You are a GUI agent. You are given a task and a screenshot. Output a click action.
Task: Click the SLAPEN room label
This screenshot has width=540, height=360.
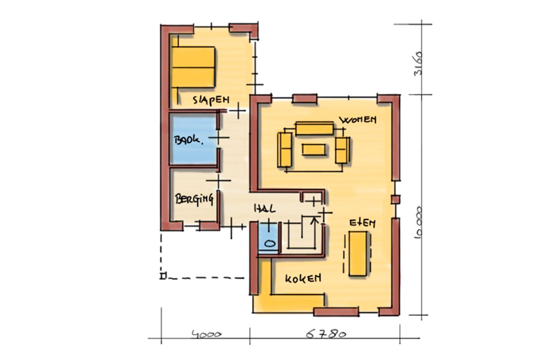click(211, 100)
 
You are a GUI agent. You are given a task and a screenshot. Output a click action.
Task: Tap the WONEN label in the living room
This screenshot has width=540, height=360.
click(358, 120)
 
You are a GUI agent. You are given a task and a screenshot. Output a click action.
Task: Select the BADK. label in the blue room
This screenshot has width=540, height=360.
click(189, 140)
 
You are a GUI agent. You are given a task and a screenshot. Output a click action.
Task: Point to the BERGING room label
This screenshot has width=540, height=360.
click(194, 199)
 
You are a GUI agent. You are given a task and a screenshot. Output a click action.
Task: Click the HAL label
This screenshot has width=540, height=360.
click(265, 208)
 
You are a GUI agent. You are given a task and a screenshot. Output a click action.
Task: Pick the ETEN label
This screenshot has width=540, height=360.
click(362, 223)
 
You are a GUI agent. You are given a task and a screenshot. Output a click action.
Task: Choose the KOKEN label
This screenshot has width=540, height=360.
click(303, 278)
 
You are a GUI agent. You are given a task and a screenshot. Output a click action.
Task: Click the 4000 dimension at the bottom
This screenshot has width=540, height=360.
click(207, 334)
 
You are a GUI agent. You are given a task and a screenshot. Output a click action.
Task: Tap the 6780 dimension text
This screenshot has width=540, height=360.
click(326, 334)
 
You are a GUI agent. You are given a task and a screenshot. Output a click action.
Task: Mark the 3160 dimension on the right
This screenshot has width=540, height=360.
click(418, 63)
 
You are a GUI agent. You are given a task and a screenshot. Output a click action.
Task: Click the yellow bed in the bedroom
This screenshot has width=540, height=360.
click(193, 67)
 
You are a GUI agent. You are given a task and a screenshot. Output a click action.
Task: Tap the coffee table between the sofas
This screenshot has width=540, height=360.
click(314, 149)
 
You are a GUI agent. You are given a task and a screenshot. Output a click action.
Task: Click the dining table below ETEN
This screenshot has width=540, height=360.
click(358, 253)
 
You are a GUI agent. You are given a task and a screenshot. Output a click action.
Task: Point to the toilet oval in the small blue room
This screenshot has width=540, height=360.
click(270, 243)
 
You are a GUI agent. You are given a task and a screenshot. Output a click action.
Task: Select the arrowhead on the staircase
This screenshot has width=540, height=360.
click(314, 220)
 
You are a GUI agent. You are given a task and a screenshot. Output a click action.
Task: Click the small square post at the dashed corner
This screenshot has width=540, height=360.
click(163, 276)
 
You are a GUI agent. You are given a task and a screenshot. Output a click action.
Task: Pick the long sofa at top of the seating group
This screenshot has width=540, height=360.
click(315, 129)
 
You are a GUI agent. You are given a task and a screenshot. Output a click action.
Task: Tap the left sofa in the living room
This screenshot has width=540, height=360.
click(285, 149)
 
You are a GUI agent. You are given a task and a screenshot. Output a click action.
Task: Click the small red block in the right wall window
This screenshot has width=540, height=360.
click(396, 200)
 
